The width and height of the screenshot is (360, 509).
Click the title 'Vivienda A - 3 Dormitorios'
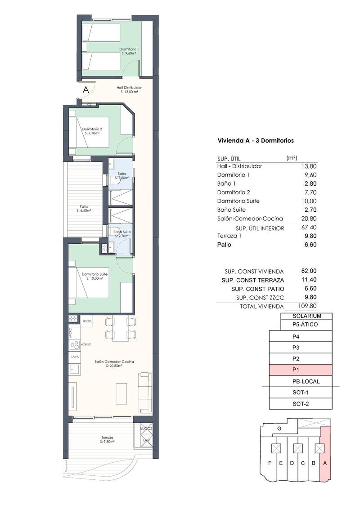255,140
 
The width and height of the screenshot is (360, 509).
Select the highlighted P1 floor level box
300,370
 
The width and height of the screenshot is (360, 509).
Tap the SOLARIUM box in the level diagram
306,316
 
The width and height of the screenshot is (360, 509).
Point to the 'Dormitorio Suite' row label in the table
238,201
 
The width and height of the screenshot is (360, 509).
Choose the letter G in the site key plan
279,429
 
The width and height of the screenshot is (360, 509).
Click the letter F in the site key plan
270,463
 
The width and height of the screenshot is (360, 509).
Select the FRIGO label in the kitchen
87,321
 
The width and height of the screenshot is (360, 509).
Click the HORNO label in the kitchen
86,344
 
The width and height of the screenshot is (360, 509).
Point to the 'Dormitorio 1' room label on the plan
129,49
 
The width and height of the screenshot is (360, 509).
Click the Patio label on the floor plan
84,207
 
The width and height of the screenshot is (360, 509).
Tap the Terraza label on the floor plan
107,438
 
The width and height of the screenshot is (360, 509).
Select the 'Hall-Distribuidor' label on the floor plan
129,88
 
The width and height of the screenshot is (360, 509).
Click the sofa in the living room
145,392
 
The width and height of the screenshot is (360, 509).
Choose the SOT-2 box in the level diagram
300,404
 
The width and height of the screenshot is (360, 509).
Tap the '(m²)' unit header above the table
292,157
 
